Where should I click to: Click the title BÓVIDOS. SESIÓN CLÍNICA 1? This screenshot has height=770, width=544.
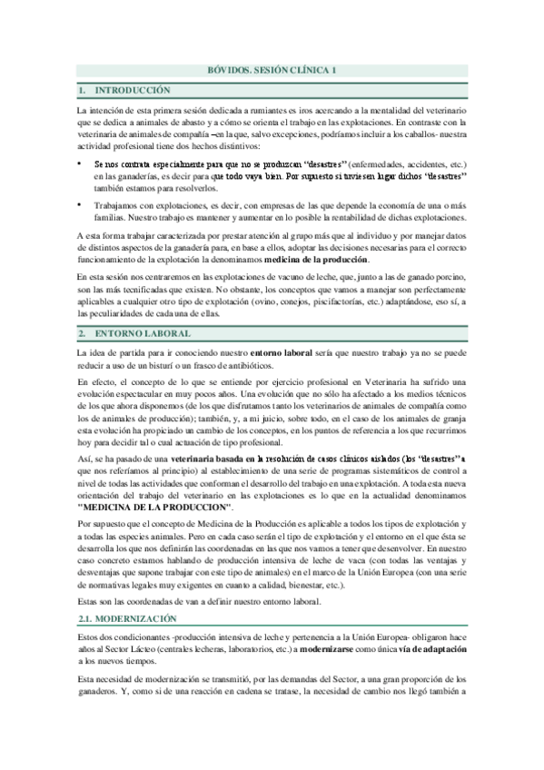click(272, 70)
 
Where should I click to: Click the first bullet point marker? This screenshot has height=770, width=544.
click(80, 163)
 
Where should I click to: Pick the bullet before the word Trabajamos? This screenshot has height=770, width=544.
click(80, 205)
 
